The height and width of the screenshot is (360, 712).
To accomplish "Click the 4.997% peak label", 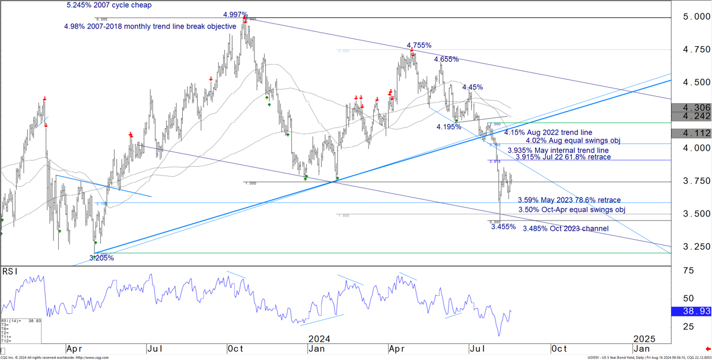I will [x=236, y=14].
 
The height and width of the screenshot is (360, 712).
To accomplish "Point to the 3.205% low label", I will [x=101, y=258].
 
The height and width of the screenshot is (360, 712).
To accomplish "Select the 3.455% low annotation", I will [x=503, y=227].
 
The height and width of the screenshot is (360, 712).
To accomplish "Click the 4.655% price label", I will [x=446, y=59].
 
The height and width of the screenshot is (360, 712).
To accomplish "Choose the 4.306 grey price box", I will [x=692, y=107].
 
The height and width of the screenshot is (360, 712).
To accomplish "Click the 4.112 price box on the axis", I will [x=692, y=133].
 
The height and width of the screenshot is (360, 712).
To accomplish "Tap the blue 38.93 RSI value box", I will [x=692, y=311].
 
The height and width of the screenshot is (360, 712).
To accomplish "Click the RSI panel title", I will [x=9, y=271].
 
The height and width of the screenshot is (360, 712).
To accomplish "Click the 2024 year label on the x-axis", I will [x=319, y=339].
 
